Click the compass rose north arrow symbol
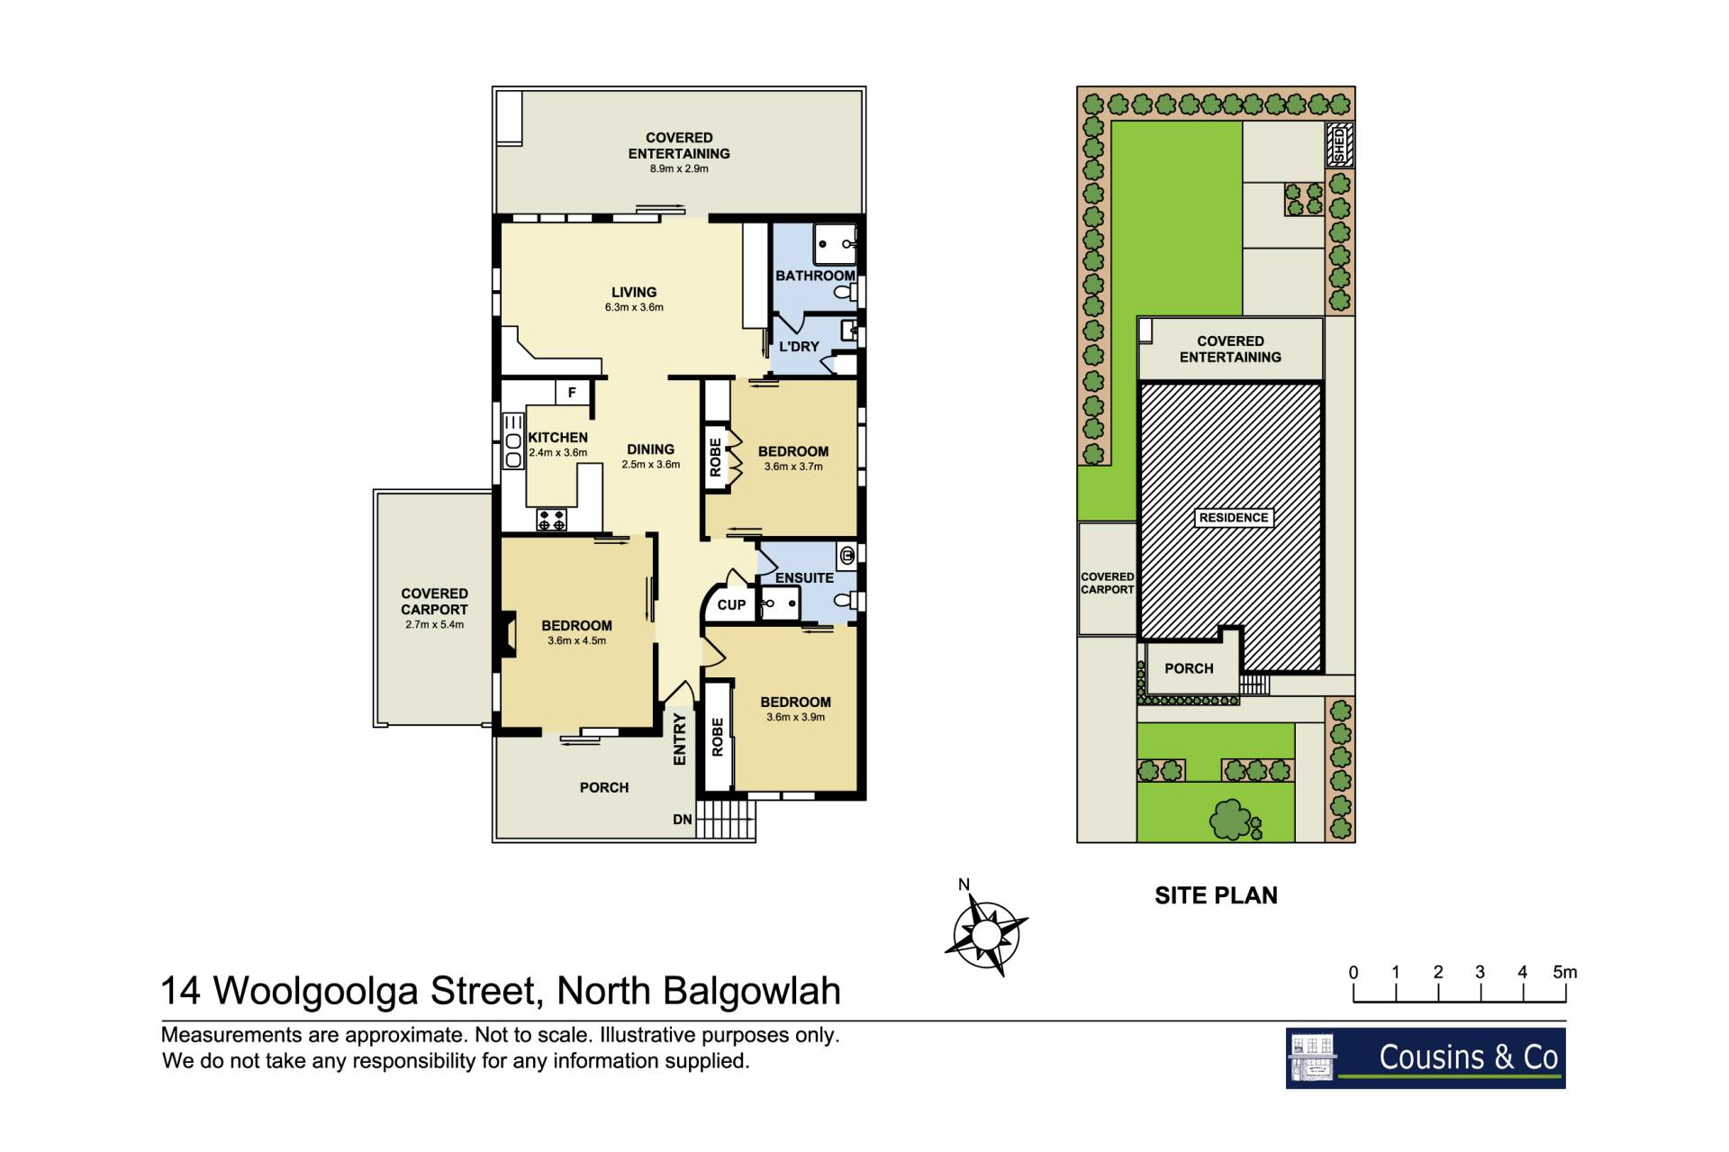click(986, 931)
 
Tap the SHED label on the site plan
click(1340, 145)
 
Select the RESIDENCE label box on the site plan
click(1234, 518)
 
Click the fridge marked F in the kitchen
click(572, 393)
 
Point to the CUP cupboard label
click(731, 605)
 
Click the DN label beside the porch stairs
click(683, 820)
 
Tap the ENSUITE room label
click(804, 578)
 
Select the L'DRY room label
click(799, 347)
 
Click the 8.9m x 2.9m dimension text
click(679, 169)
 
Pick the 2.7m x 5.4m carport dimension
click(434, 625)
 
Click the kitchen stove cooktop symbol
click(552, 520)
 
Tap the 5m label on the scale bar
click(1565, 972)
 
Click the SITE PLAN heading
click(1216, 895)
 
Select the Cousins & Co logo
click(1426, 1058)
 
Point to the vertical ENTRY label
click(680, 739)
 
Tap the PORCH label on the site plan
click(1189, 668)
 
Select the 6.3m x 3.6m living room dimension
click(634, 307)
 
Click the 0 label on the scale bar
click(1353, 973)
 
